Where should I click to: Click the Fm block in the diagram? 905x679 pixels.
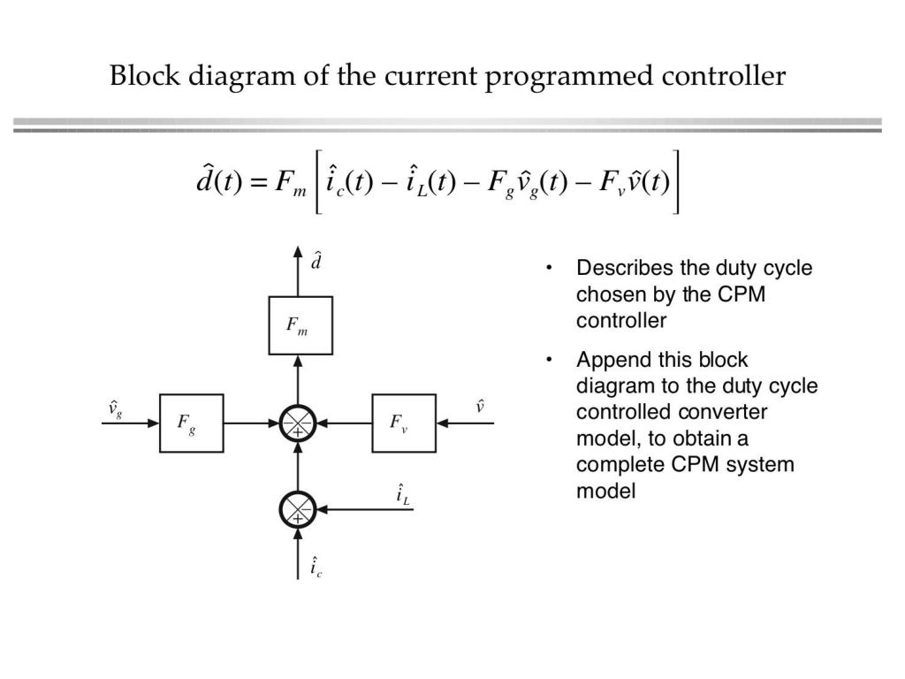[300, 325]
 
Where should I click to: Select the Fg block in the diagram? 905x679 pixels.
[191, 423]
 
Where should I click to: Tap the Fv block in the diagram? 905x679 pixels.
[404, 423]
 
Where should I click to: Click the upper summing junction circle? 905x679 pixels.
[298, 423]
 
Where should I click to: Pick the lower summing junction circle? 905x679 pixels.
[298, 509]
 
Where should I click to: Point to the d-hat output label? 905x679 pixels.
[316, 263]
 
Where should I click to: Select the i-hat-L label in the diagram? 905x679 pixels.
[403, 495]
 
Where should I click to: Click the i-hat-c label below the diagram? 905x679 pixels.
[316, 567]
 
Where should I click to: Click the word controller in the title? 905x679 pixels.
[723, 76]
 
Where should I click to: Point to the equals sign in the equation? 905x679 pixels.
[245, 185]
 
